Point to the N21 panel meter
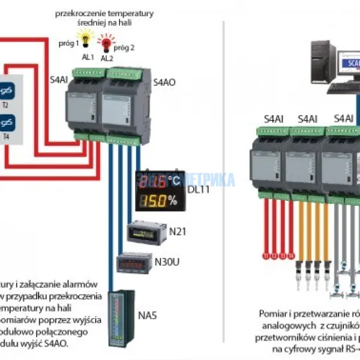pyautogui.click(x=147, y=232)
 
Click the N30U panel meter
pyautogui.click(x=134, y=263)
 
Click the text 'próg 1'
pyautogui.click(x=69, y=43)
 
